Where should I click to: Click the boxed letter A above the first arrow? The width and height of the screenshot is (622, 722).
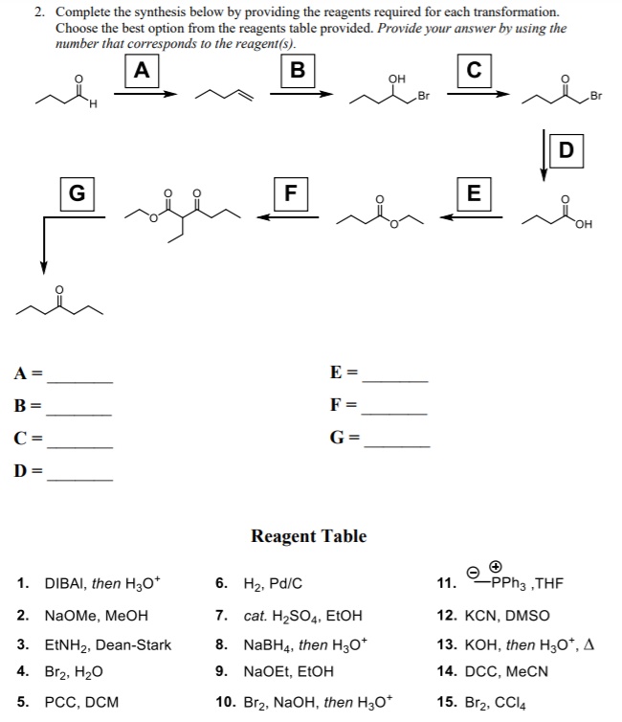pos(142,71)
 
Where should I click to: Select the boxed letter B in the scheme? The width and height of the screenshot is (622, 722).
pos(299,71)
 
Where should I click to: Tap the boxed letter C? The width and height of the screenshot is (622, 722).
pos(475,71)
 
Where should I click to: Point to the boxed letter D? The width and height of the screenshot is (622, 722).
pos(566,151)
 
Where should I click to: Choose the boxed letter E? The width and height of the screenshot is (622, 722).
pos(474,193)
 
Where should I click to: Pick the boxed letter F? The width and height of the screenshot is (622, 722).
pos(291,193)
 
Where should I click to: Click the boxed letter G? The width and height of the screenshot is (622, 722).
pos(78,193)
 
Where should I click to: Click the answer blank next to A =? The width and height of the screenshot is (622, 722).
pos(80,382)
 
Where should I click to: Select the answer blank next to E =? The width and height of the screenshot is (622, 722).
pos(395,381)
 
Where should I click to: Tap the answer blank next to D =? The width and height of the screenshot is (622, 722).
pos(80,481)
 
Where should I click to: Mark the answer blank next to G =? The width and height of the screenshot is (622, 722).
pos(396,446)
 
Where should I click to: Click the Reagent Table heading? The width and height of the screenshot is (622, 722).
pos(309,536)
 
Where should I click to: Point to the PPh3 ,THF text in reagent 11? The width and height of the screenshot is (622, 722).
pos(527,583)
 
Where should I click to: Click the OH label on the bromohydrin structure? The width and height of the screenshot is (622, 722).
pos(396,79)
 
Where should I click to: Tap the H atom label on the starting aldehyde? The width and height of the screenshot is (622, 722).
pos(94,104)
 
